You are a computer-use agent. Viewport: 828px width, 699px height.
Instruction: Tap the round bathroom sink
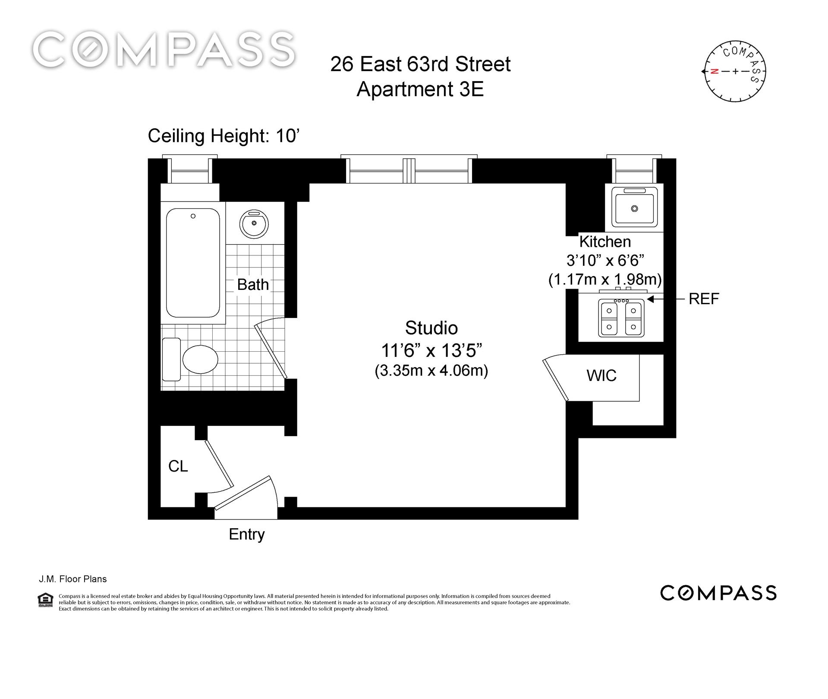click(254, 224)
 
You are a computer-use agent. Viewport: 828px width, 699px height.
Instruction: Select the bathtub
click(193, 263)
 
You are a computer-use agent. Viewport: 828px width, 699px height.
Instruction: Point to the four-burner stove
click(621, 318)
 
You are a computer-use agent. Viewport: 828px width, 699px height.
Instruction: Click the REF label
click(704, 299)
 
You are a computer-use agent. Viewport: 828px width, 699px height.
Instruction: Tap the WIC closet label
click(601, 375)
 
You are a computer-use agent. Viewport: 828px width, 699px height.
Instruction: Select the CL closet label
click(178, 466)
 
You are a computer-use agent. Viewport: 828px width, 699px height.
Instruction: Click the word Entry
click(246, 535)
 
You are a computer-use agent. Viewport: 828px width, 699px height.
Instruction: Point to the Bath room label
click(253, 285)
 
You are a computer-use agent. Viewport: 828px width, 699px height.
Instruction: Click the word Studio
click(431, 328)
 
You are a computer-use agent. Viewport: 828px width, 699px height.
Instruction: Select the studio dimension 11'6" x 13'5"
click(431, 350)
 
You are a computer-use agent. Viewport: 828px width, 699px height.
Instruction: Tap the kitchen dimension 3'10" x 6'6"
click(605, 261)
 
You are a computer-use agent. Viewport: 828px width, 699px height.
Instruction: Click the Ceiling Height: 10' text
click(224, 136)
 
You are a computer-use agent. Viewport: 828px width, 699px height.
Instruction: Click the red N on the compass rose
click(715, 72)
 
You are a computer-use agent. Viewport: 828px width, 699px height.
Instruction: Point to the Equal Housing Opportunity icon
click(45, 599)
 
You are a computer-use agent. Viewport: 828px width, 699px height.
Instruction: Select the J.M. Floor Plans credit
click(72, 579)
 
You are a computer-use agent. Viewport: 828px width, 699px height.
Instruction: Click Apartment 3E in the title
click(420, 89)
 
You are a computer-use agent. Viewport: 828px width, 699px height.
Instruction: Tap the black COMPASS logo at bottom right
click(718, 593)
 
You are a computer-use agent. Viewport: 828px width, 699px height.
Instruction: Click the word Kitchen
click(605, 241)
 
